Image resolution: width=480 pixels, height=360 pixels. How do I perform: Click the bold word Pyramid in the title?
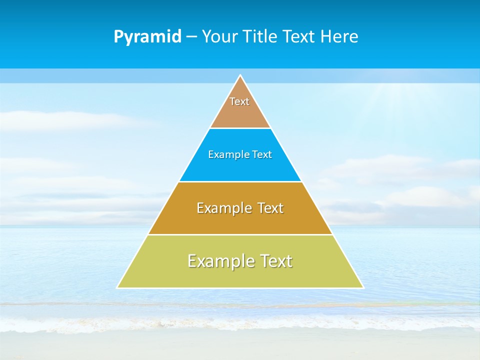tap(147, 37)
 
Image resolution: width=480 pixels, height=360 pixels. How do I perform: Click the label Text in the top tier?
tap(239, 101)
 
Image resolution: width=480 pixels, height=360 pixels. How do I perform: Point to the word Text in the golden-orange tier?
tap(270, 208)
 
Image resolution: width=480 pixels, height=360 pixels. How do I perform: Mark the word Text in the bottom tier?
tap(275, 261)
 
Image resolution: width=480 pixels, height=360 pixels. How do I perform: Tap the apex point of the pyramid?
tap(240, 75)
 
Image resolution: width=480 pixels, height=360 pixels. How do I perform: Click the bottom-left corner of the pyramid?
tap(118, 287)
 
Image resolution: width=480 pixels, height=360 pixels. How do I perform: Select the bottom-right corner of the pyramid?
tap(362, 287)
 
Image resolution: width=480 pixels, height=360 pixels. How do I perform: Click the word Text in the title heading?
tap(299, 36)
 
